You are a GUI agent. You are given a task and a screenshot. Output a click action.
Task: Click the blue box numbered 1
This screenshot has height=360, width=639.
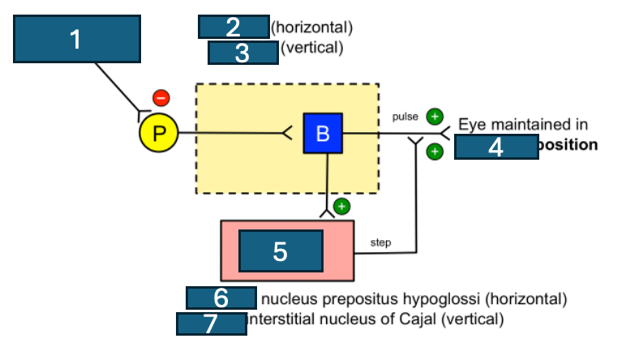click(77, 39)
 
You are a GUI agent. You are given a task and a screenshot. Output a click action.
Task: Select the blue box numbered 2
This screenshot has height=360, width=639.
click(234, 27)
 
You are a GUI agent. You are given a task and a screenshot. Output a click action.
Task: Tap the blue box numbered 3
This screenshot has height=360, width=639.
click(243, 53)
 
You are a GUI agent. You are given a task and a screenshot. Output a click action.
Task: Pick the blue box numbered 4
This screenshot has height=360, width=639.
click(496, 147)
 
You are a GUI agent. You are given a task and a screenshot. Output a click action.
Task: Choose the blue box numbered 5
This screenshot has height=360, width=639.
click(281, 251)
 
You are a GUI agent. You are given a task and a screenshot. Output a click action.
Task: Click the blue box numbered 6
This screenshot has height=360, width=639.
click(221, 298)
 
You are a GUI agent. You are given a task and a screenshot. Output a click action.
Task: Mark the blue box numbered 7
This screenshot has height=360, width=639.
click(211, 324)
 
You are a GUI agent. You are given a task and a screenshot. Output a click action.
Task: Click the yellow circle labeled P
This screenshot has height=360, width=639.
click(158, 133)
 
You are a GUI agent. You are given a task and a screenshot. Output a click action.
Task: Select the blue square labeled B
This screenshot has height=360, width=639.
click(323, 133)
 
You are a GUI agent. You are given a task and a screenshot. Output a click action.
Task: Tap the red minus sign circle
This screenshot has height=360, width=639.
click(161, 99)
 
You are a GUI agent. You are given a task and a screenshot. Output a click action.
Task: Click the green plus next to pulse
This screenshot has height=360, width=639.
click(435, 116)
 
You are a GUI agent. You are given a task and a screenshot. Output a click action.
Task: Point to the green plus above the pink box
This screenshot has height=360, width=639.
click(341, 206)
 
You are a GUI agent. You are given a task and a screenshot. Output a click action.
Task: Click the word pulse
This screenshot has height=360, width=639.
click(405, 117)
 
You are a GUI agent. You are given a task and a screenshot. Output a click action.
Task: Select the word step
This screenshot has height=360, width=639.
click(380, 242)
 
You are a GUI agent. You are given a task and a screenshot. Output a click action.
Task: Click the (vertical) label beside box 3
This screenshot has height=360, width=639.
click(312, 48)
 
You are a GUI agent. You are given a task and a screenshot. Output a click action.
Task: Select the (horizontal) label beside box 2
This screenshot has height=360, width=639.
click(311, 28)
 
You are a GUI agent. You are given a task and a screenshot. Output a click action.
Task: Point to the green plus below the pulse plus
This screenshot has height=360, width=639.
click(435, 151)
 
